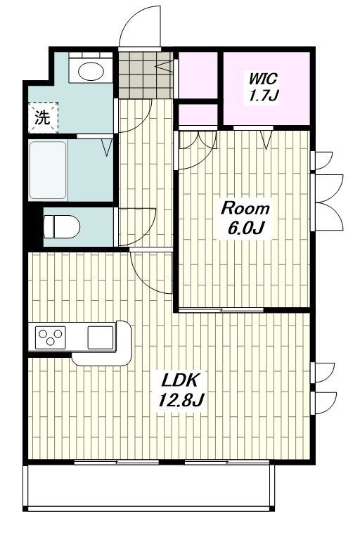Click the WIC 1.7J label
[x=264, y=87]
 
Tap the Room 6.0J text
[x=245, y=218]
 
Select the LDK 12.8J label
[x=180, y=389]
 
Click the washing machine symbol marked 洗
[x=43, y=117]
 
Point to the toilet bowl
[x=62, y=226]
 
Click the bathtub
[x=48, y=170]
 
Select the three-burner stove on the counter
[x=51, y=337]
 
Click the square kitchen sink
[x=101, y=337]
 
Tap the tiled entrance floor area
[x=146, y=75]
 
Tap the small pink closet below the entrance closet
[x=198, y=115]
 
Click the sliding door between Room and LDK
[x=221, y=310]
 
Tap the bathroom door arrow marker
[x=107, y=148]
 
